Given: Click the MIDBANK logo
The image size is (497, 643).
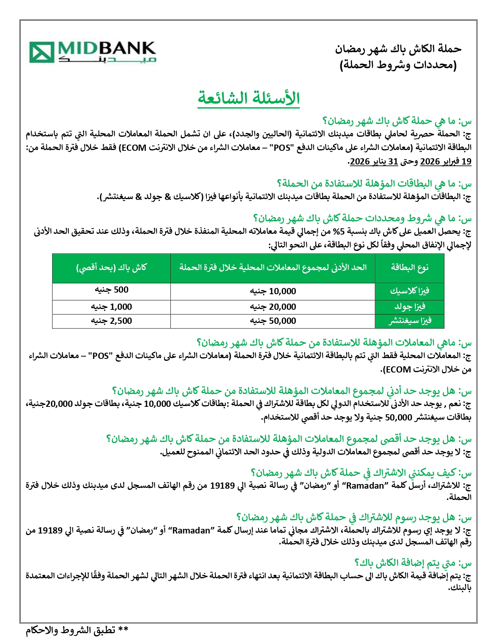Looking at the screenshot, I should click(x=93, y=52).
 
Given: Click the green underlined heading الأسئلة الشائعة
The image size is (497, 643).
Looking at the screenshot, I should click(x=249, y=98).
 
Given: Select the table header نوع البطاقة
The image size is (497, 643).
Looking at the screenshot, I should click(x=409, y=267).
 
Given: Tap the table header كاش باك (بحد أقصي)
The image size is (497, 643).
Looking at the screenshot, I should click(x=111, y=267).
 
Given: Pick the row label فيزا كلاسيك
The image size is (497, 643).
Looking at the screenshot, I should click(x=409, y=291).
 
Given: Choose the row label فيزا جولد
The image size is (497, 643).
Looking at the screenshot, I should click(x=409, y=307).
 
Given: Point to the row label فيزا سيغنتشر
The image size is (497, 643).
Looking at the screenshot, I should click(x=409, y=321).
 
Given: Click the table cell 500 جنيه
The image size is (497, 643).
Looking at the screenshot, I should click(x=111, y=290).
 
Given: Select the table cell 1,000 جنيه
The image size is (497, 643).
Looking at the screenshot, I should click(x=111, y=307).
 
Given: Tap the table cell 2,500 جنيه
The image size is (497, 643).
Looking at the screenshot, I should click(x=111, y=321).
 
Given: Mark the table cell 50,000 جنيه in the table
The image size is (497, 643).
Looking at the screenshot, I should click(x=273, y=321).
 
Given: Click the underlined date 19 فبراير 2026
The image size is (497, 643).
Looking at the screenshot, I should click(x=446, y=161).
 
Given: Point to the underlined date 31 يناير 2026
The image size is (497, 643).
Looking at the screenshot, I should click(x=374, y=161).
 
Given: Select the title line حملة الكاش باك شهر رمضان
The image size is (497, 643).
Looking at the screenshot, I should click(x=398, y=49).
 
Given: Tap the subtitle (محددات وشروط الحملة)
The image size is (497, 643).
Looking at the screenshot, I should click(x=398, y=65).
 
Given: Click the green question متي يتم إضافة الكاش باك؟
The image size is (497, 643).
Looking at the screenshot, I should click(x=413, y=563).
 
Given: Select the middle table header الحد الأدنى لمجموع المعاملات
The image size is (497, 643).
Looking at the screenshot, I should click(x=273, y=267).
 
